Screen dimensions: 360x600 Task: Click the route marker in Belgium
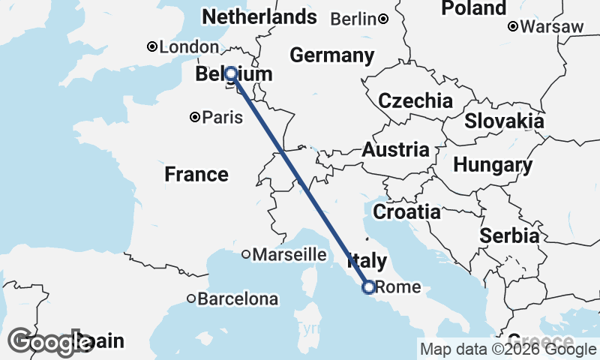(x=231, y=73)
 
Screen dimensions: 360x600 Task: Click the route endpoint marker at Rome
(x=368, y=286)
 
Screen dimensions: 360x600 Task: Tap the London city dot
(x=152, y=46)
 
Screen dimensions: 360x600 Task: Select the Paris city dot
(x=195, y=117)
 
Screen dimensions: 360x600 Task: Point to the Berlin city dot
(x=382, y=19)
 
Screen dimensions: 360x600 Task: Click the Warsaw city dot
(x=513, y=26)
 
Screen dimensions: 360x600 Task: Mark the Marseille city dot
(x=246, y=254)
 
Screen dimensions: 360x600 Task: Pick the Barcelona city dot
(x=191, y=298)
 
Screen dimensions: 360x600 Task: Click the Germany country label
(x=331, y=55)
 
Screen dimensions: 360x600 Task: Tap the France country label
(x=196, y=175)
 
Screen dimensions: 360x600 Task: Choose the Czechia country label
(x=415, y=100)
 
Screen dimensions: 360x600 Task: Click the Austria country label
(x=395, y=150)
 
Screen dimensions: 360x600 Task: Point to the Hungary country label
(x=493, y=164)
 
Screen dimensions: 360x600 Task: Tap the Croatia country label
(x=406, y=211)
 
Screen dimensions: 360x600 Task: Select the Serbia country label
(x=509, y=235)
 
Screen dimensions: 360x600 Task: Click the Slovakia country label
(x=504, y=121)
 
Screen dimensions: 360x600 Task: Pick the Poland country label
(x=473, y=8)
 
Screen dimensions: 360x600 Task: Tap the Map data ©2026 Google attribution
(x=508, y=349)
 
